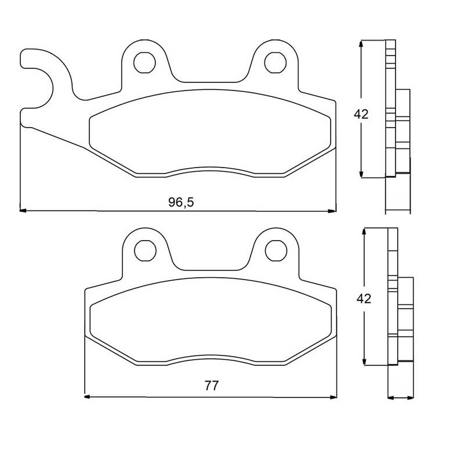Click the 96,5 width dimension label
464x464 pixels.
(181, 202)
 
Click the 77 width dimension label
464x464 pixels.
(212, 386)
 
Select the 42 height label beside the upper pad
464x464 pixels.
(361, 114)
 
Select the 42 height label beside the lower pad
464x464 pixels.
(364, 299)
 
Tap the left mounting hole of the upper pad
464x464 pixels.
(144, 63)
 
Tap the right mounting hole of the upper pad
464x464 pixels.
(275, 63)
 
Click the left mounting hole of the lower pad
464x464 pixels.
(146, 251)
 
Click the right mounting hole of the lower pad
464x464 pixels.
(276, 251)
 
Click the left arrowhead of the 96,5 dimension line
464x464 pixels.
(23, 211)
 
